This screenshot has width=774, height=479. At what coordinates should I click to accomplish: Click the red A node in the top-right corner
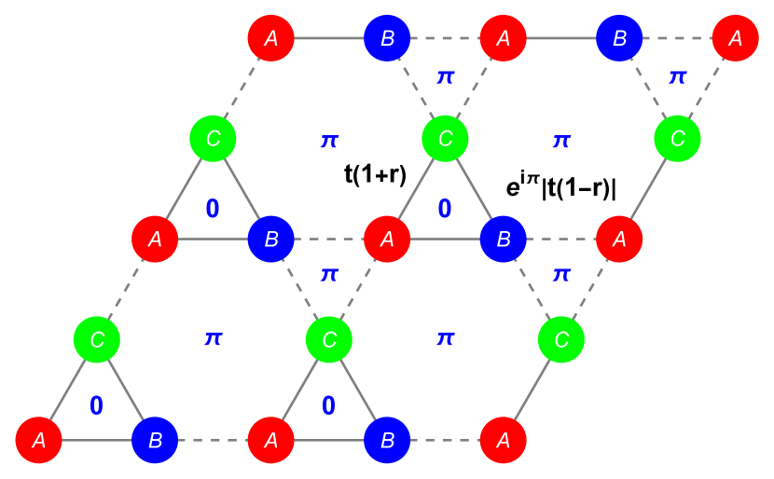tap(735, 38)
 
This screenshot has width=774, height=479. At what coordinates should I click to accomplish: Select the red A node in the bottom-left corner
tap(38, 440)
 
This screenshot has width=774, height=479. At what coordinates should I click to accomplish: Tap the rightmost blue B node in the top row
tap(619, 38)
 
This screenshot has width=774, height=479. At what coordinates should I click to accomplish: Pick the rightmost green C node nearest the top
tap(677, 139)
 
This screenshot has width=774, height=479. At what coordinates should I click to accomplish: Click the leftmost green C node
tap(97, 339)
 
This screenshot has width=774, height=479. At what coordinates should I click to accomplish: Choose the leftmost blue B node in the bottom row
tap(155, 440)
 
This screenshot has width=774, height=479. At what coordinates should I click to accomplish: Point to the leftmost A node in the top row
tap(271, 38)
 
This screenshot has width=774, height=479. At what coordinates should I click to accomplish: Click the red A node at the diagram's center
tap(387, 239)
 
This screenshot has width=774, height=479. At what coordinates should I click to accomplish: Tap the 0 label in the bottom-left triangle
tap(96, 406)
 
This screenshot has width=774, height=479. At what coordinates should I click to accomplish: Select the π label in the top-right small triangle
tap(677, 76)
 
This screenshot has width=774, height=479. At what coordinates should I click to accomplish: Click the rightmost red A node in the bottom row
tap(503, 440)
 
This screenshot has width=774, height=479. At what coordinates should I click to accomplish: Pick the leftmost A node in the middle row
tap(155, 239)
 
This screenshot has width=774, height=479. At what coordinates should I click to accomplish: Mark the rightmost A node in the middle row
tap(619, 239)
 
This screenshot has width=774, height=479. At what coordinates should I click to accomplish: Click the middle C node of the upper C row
tap(445, 139)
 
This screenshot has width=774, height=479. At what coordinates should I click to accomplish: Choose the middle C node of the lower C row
tap(329, 339)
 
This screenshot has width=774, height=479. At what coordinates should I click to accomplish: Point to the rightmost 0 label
tap(445, 209)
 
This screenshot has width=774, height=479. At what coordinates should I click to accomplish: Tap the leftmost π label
tap(213, 338)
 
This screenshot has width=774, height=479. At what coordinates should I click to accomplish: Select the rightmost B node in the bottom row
tap(387, 440)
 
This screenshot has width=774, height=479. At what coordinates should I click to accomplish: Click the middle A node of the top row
tap(503, 38)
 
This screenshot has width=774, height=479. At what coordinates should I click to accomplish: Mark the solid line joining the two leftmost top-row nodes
tap(329, 38)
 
